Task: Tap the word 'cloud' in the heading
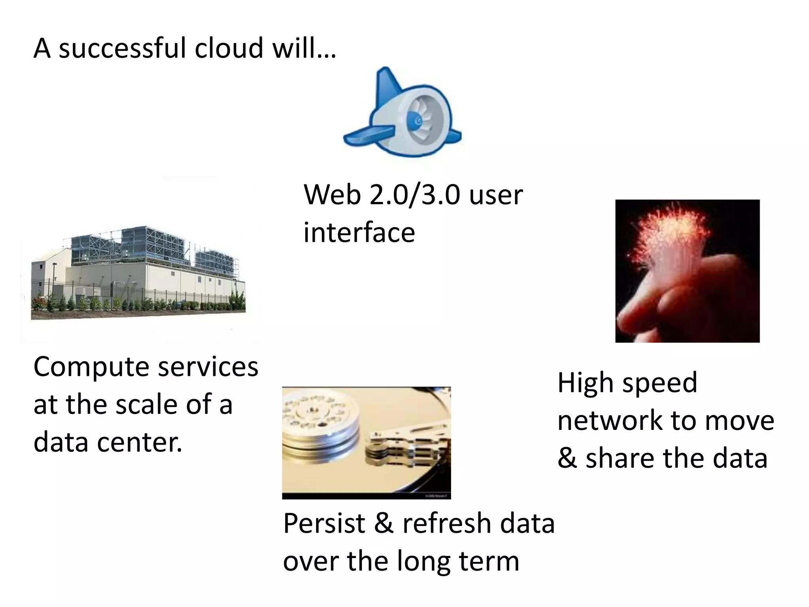click(228, 48)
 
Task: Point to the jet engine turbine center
click(415, 119)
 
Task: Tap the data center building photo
click(138, 273)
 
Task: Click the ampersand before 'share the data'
click(567, 458)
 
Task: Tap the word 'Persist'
click(324, 524)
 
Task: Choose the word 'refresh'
click(446, 524)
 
